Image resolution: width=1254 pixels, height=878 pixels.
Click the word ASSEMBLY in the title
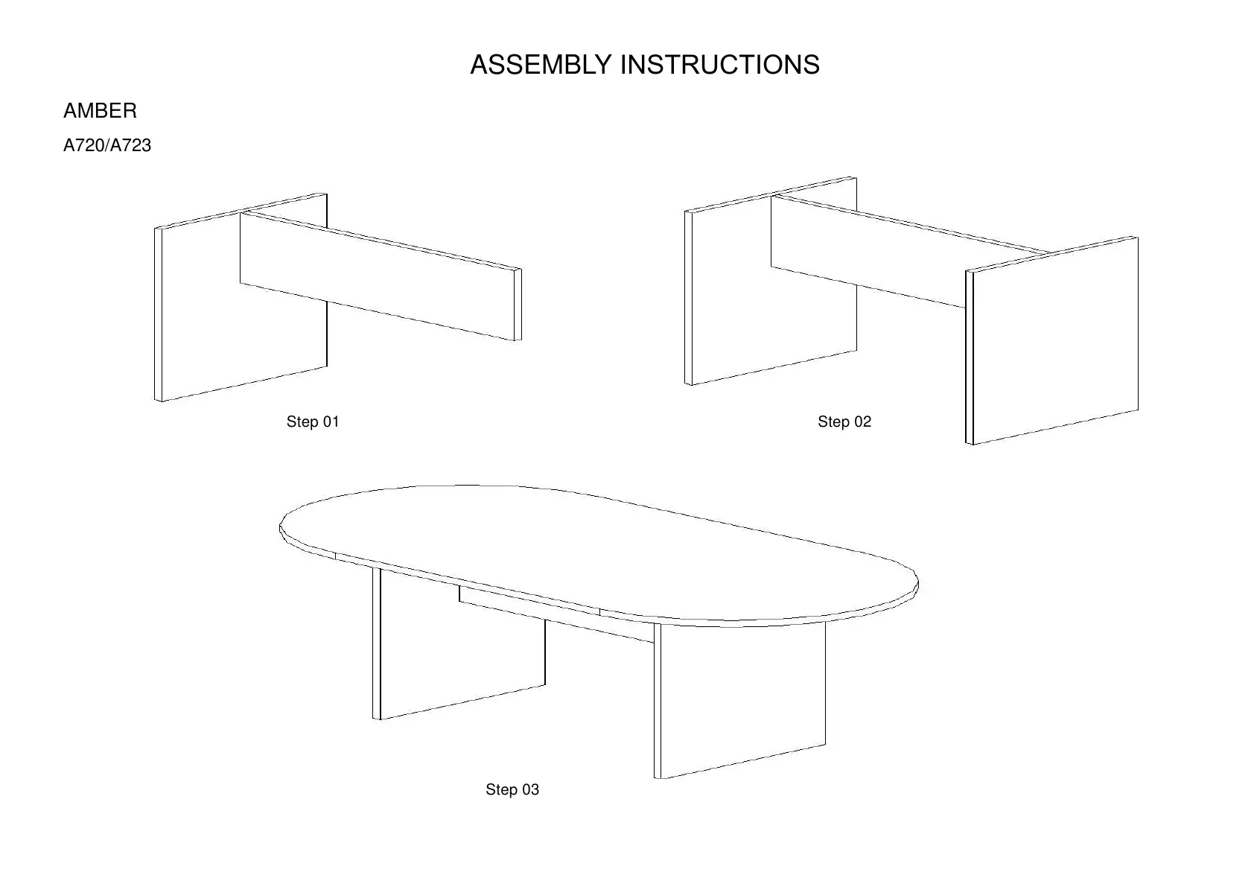(541, 65)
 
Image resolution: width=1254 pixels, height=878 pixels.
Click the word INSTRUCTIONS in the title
(720, 65)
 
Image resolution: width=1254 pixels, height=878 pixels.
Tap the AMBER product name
(100, 111)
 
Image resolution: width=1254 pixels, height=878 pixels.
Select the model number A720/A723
(107, 145)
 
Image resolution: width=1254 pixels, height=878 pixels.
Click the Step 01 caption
(313, 421)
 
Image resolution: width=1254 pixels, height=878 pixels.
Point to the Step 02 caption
(844, 421)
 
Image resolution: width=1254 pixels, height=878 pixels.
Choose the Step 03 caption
(512, 789)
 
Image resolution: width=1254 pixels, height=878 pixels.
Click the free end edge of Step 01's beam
(518, 304)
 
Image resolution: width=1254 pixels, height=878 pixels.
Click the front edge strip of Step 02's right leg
(970, 357)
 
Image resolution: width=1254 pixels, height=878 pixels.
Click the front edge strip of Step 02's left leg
(689, 298)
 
